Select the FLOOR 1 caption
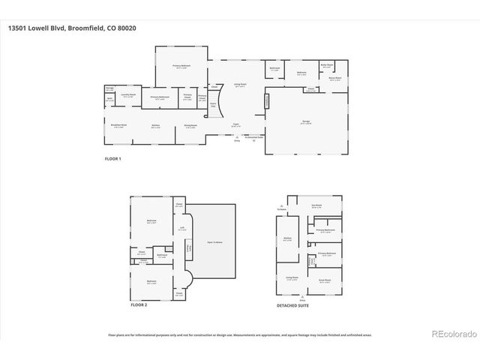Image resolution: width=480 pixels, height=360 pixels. click(x=112, y=159)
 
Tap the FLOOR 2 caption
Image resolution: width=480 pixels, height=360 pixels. click(x=139, y=305)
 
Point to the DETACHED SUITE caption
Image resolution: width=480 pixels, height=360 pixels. click(x=292, y=305)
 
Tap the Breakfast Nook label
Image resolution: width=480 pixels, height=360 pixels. click(x=118, y=126)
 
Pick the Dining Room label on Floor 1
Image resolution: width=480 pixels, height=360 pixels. click(x=190, y=126)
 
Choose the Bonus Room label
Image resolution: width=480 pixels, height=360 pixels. click(x=334, y=77)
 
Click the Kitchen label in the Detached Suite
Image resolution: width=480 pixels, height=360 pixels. click(x=288, y=239)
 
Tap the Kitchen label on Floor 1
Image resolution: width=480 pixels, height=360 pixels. click(x=156, y=126)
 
